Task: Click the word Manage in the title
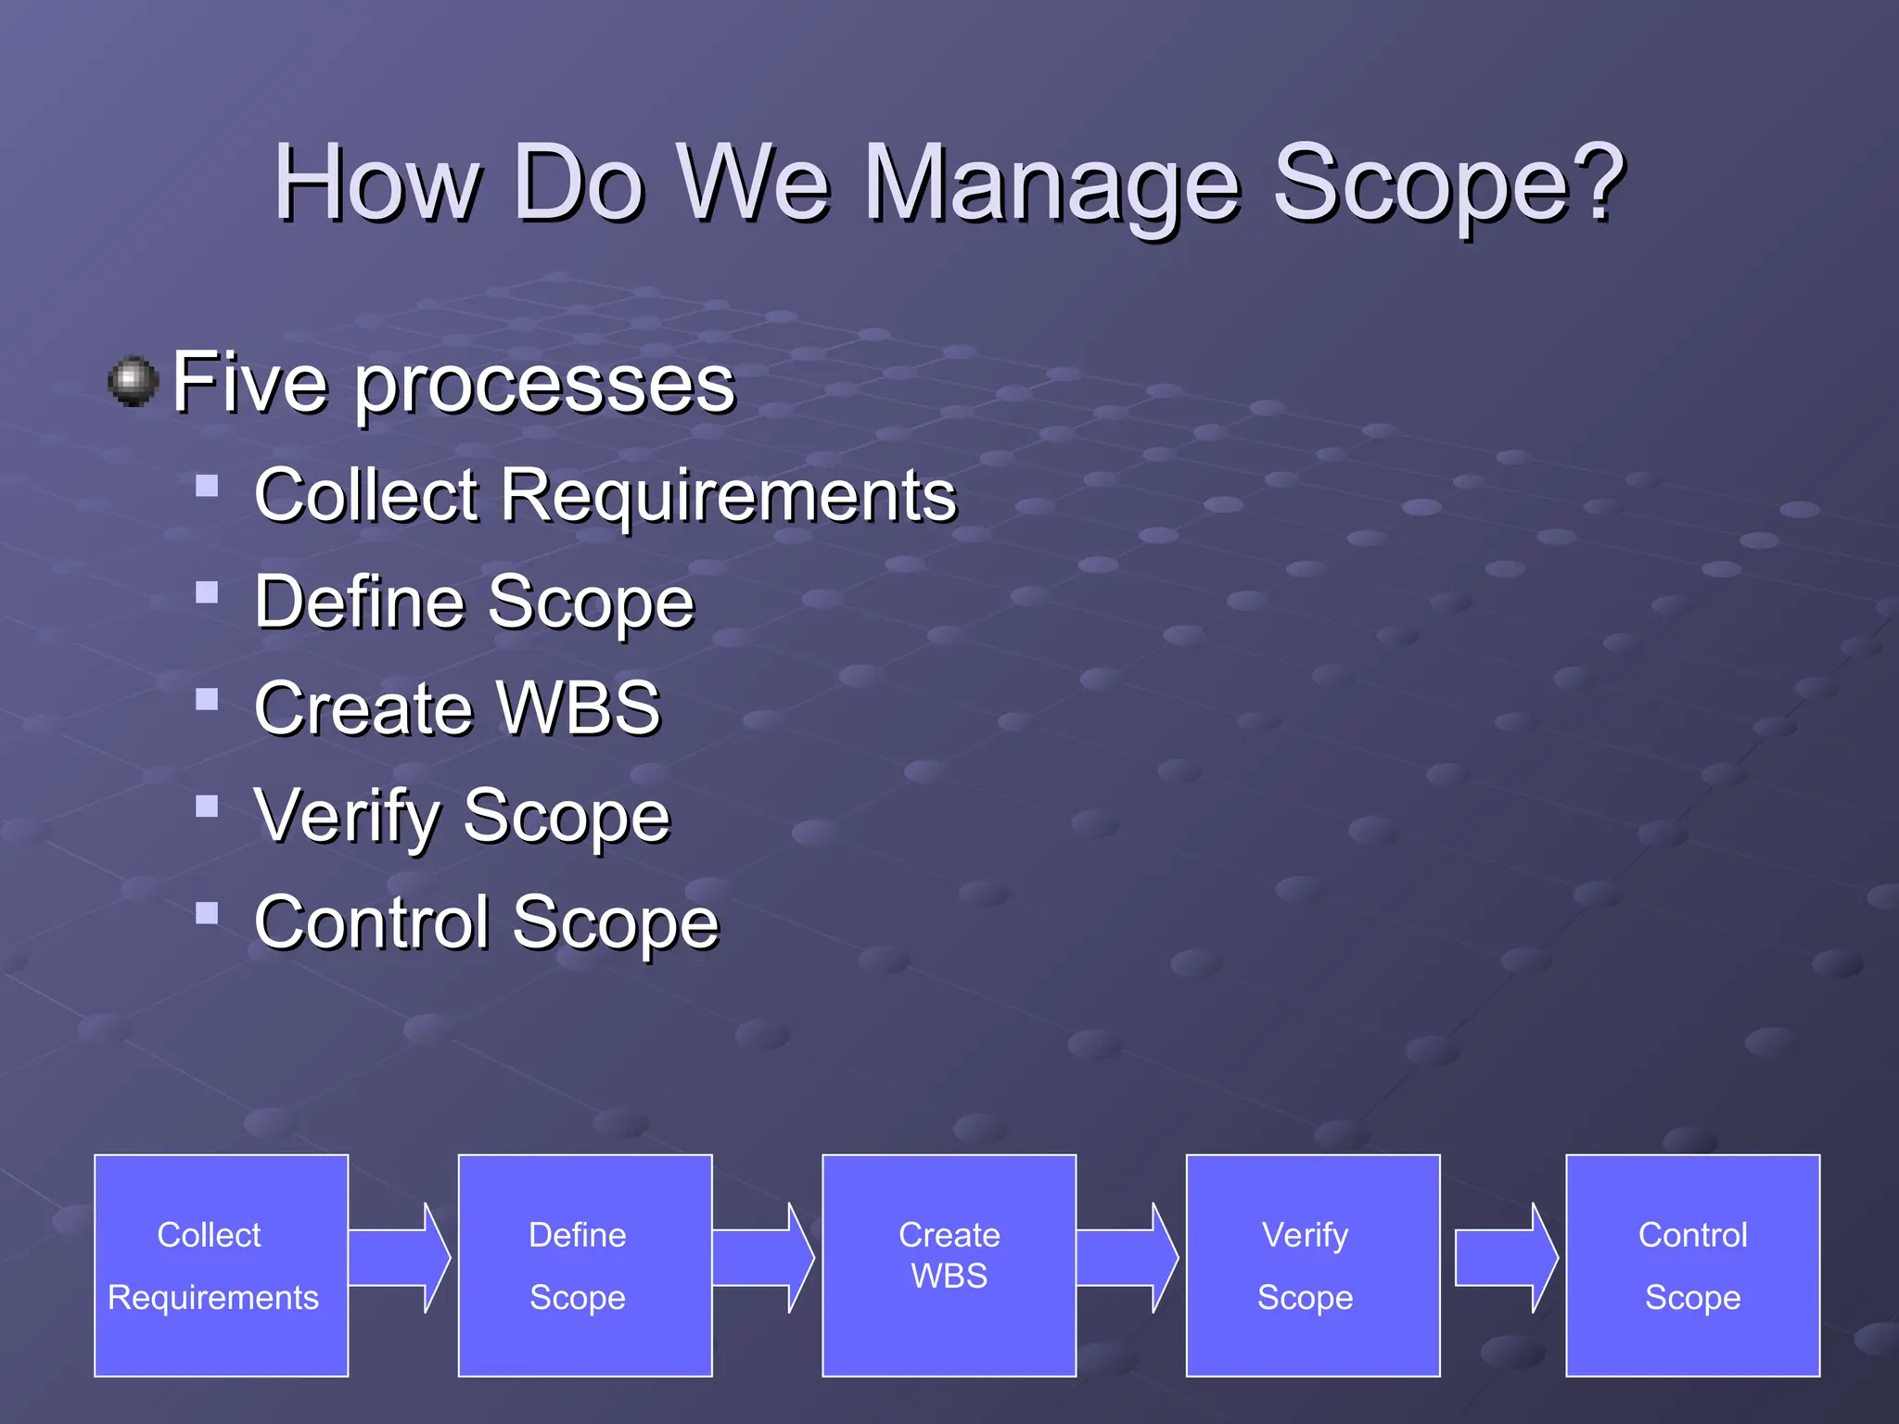pos(1052,185)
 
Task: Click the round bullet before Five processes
pos(134,381)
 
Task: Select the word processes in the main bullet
pos(545,385)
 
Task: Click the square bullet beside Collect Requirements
pos(207,486)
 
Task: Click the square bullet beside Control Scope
pos(207,914)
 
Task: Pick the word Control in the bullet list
pos(371,923)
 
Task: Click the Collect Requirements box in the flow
pos(221,1265)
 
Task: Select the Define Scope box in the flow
pos(585,1265)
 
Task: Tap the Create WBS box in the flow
pos(949,1265)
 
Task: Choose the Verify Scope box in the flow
pos(1312,1265)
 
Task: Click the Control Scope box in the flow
pos(1692,1265)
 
